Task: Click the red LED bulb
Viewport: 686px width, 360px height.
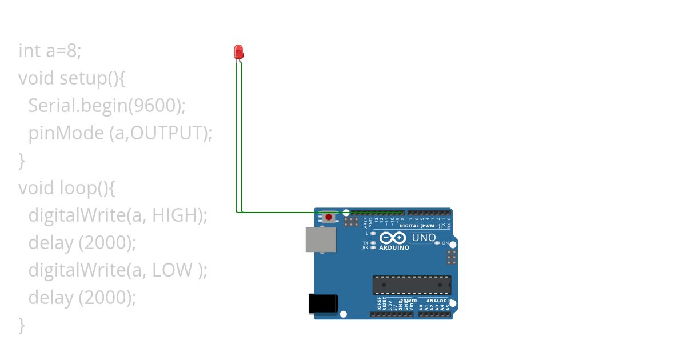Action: pos(239,52)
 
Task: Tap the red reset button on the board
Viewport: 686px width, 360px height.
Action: pos(329,217)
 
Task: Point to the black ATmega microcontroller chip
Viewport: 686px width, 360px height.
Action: pos(412,285)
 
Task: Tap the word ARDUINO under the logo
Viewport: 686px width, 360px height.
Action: pos(394,248)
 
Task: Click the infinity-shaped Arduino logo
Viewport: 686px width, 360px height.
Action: pos(393,238)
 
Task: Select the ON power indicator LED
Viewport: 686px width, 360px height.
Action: pos(438,243)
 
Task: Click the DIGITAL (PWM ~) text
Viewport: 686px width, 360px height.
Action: pos(420,226)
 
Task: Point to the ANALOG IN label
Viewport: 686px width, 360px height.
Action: pos(440,301)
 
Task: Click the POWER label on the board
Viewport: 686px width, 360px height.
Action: pos(409,301)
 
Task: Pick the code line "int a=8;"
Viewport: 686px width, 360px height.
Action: pos(50,51)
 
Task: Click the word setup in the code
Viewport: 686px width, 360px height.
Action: pos(83,78)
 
